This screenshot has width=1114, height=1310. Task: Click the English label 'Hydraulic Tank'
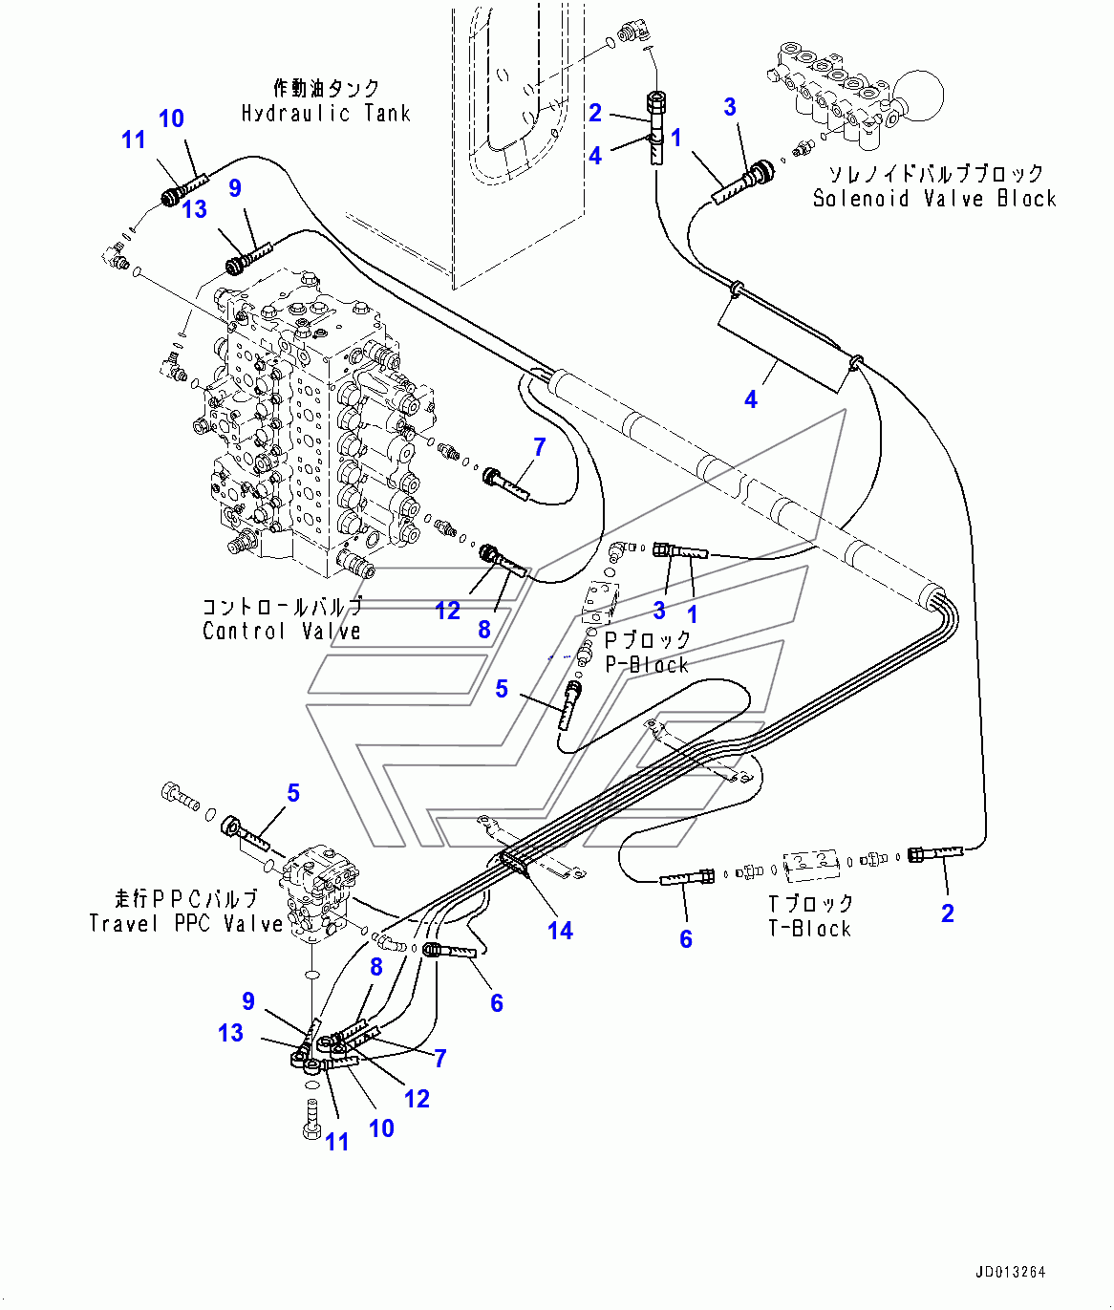point(325,113)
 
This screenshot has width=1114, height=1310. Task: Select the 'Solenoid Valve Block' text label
point(933,199)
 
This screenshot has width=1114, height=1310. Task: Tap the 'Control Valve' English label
point(282,631)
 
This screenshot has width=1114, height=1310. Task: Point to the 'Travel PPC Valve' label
point(186,924)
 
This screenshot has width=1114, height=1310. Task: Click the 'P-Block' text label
point(646,664)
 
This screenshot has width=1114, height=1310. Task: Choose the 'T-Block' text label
point(809,928)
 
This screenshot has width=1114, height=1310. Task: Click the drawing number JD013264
point(1010,1272)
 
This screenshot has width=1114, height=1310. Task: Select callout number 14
point(560,930)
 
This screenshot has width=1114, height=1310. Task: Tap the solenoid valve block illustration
point(841,96)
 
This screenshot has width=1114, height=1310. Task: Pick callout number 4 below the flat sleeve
point(751,399)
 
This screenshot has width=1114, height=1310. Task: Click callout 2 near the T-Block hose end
point(947,913)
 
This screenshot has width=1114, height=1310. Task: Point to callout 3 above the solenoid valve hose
point(730,106)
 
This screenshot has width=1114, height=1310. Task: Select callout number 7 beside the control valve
point(539,446)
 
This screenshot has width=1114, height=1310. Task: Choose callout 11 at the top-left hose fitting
point(133,140)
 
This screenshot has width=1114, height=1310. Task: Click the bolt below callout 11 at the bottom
point(311,1118)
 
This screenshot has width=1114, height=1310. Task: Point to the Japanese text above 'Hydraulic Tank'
point(326,89)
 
